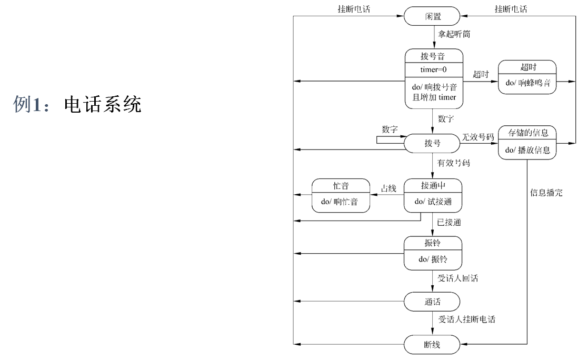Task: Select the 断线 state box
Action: tap(433, 345)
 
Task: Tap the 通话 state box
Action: tap(433, 302)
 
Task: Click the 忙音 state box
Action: tap(341, 195)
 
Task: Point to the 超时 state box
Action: tap(528, 76)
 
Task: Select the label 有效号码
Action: tap(454, 164)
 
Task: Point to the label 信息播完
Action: tap(546, 193)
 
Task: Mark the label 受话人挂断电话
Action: tap(466, 319)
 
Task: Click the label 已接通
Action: tap(450, 223)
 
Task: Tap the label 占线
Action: tap(388, 188)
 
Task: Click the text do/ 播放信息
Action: tap(528, 150)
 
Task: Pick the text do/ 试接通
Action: tap(433, 202)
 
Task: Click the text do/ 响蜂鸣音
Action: tap(528, 83)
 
